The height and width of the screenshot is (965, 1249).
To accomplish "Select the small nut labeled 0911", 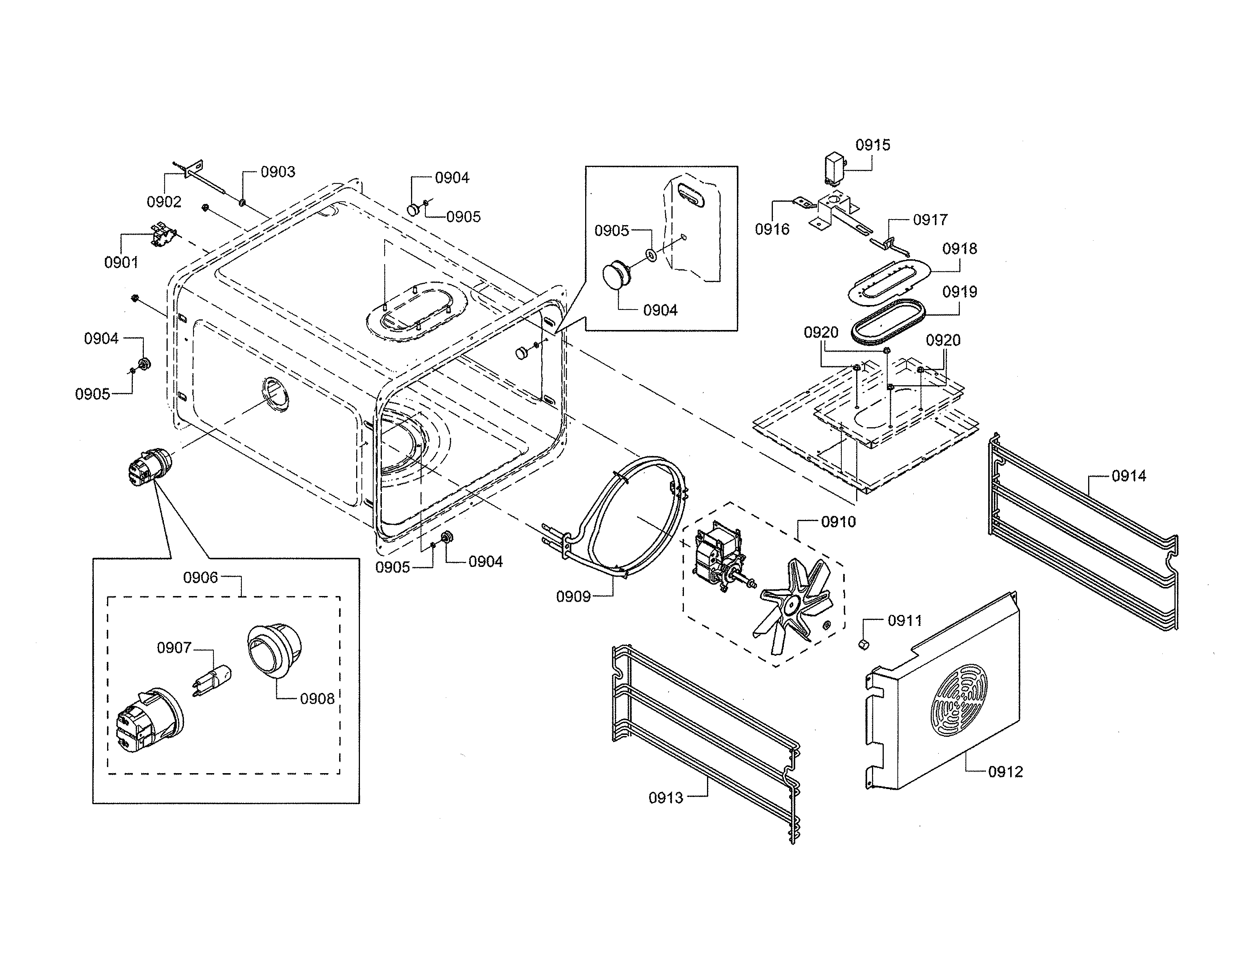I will coord(863,644).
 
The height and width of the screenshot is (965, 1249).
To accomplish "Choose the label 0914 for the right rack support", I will coord(1128,476).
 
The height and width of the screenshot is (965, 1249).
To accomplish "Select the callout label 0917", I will coord(930,219).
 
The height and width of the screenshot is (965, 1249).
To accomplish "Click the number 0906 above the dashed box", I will coord(200,578).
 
